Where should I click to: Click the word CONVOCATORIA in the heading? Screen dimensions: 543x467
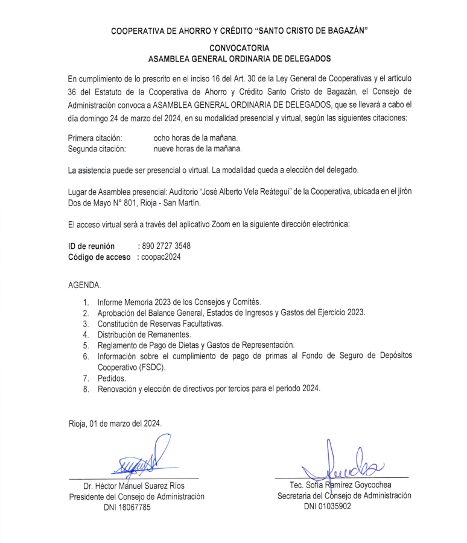click(x=240, y=48)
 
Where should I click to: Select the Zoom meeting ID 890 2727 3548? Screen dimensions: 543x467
click(x=167, y=246)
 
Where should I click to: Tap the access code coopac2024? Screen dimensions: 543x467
click(x=162, y=257)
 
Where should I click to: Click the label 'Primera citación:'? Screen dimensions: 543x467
click(x=96, y=138)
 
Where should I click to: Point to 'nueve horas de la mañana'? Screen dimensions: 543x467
click(x=197, y=149)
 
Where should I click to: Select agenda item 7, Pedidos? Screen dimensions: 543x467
click(x=112, y=378)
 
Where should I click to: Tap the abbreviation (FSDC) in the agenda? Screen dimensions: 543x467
click(x=148, y=366)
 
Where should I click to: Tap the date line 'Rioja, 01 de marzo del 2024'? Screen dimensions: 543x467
click(x=115, y=423)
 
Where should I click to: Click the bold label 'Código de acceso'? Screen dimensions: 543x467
click(x=99, y=257)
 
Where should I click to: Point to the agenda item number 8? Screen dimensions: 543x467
click(x=86, y=389)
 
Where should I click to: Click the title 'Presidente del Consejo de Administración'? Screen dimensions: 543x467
click(x=137, y=497)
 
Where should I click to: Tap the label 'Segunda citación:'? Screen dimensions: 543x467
click(x=97, y=149)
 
